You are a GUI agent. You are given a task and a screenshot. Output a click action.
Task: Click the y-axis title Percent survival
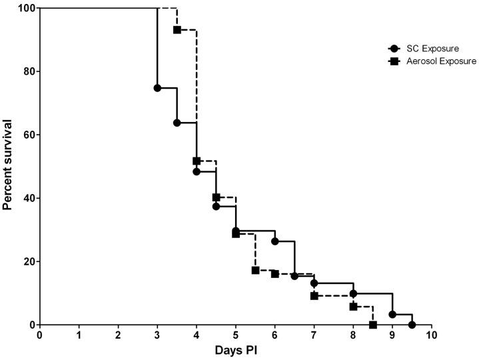[8, 165]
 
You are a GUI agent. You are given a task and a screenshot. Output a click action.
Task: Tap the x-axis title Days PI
[236, 350]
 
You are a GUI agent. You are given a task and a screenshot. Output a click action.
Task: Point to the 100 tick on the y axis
[25, 8]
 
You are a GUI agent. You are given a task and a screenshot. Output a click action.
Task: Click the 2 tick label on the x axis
[118, 335]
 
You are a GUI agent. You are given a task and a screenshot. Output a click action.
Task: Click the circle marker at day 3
[157, 88]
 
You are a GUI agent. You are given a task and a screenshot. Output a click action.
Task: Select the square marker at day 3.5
[177, 30]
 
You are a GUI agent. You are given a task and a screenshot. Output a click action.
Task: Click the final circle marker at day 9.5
[412, 325]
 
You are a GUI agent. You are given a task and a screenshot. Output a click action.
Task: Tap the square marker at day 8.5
[373, 325]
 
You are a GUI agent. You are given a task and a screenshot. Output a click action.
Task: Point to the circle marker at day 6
[275, 241]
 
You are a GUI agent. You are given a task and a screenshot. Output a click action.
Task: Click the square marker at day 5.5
[255, 270]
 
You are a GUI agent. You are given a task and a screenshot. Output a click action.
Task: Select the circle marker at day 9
[392, 315]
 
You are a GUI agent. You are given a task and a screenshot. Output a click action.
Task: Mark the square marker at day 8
[353, 307]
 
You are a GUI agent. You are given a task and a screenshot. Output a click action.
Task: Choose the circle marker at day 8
[353, 293]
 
